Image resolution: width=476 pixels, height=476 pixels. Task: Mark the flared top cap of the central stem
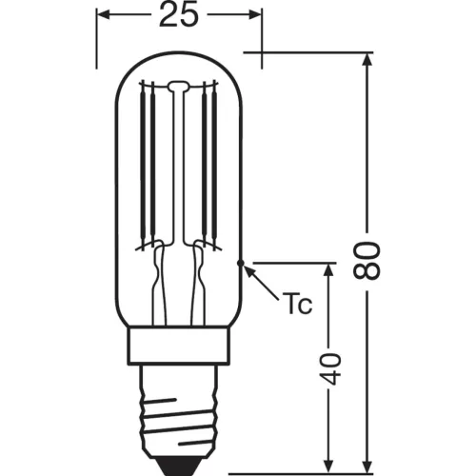click(180, 89)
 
